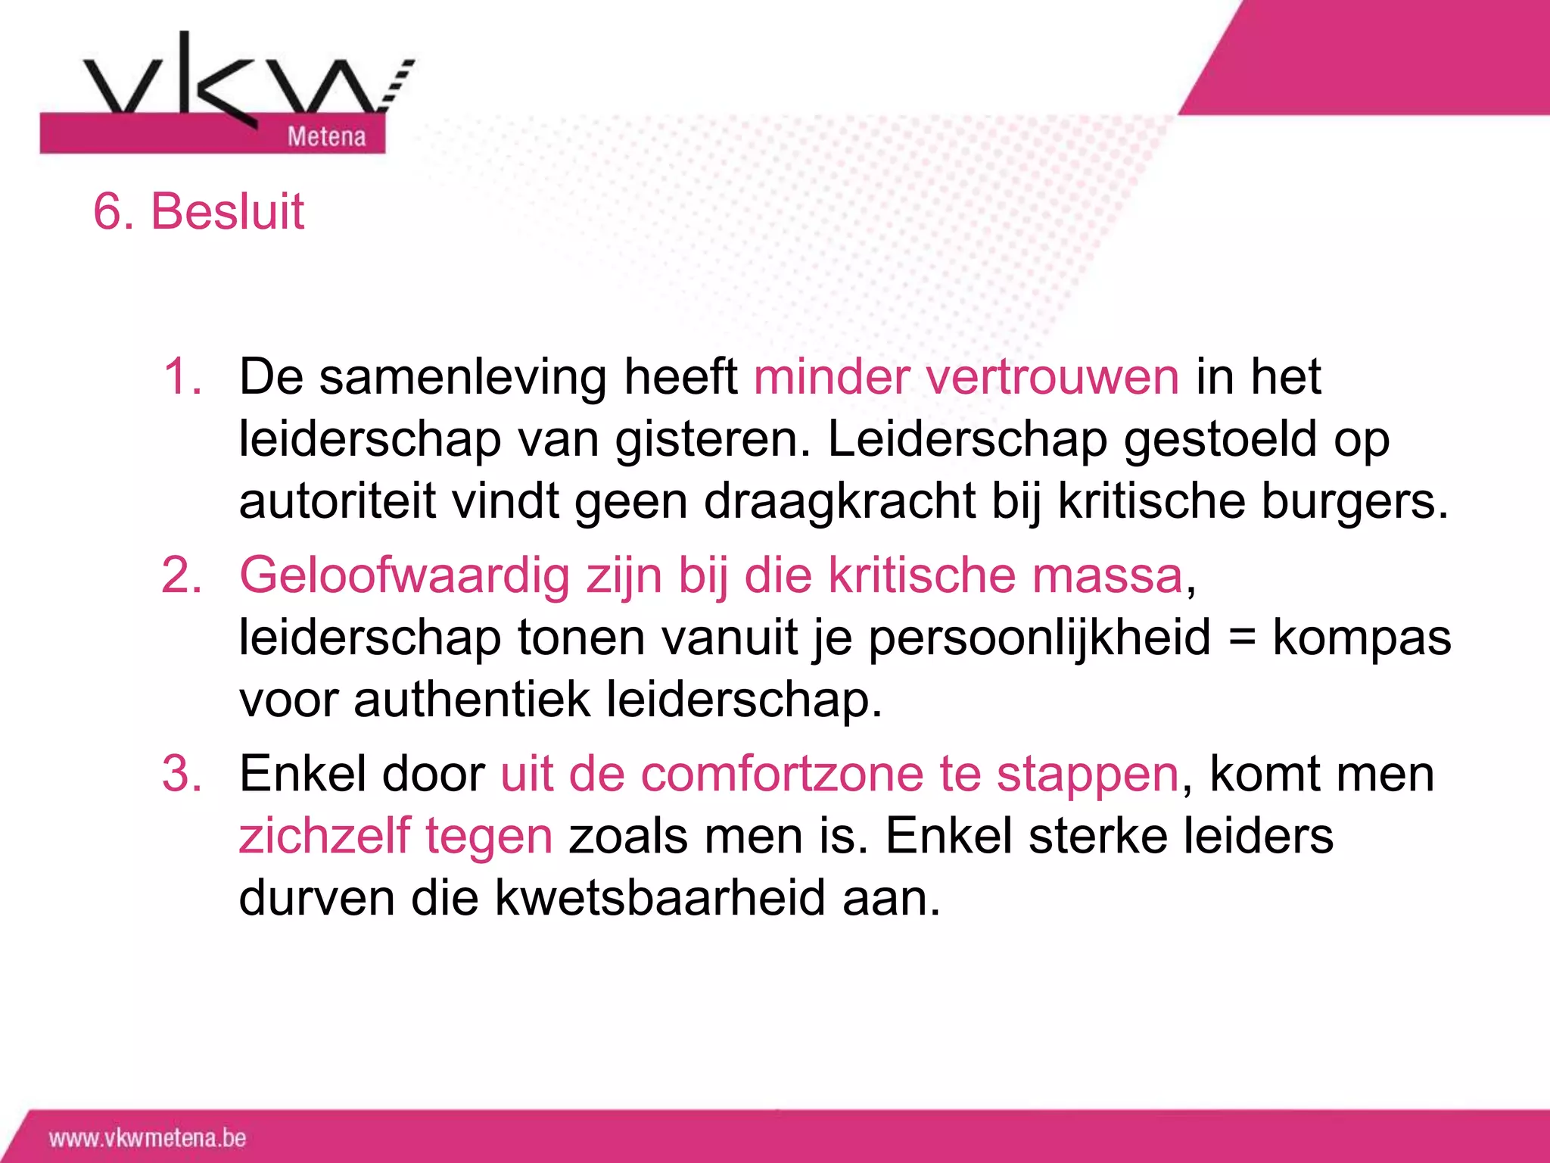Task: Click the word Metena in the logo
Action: point(326,136)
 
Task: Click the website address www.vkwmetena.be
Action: point(148,1138)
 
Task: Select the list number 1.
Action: point(182,376)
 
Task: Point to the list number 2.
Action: point(182,575)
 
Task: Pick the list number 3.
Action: point(182,775)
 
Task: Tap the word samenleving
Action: point(462,376)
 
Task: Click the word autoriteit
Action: point(338,501)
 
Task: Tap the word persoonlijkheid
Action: point(1039,638)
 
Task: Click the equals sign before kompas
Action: point(1242,638)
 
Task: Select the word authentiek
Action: point(472,700)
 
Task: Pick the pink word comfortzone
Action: point(783,775)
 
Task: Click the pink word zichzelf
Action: point(324,837)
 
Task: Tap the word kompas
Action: point(1362,638)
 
